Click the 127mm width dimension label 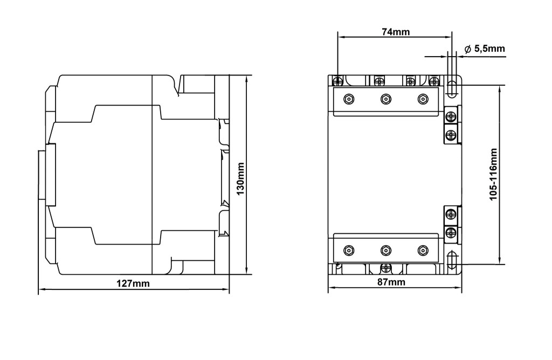point(133,283)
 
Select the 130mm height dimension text point(240,179)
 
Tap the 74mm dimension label point(396,32)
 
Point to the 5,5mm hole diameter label point(489,49)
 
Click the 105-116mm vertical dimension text point(493,175)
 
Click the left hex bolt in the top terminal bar point(349,99)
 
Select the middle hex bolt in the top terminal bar point(386,99)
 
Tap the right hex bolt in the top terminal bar point(423,99)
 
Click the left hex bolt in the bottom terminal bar point(349,251)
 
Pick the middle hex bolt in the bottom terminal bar point(386,251)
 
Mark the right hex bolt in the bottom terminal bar point(423,251)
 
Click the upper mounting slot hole point(452,89)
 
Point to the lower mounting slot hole point(452,260)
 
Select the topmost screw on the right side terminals point(451,116)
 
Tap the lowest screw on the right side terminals point(451,232)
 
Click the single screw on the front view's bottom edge point(386,268)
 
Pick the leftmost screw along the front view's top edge point(337,81)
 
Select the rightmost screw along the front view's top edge point(434,81)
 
